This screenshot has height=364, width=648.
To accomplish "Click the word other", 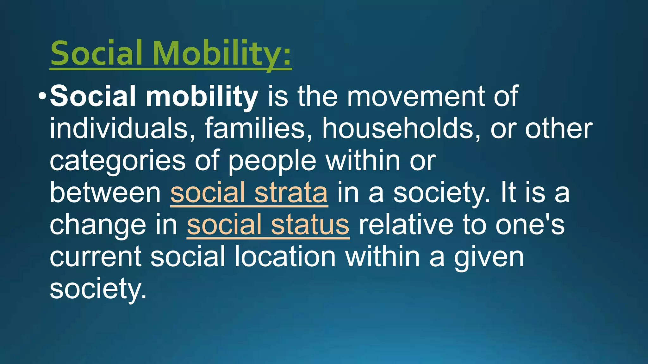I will tap(559, 129).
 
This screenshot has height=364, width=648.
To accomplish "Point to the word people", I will tap(272, 161).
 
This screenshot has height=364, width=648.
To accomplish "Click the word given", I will tap(489, 257).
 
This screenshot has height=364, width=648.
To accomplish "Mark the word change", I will tap(97, 225).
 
